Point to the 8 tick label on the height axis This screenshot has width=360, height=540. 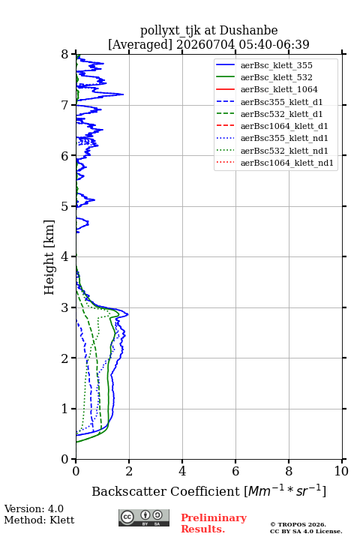tap(65, 55)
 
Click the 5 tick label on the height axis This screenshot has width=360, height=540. tap(65, 207)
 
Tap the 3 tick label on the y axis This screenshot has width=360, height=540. tap(65, 307)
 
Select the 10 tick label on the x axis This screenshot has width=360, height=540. tap(341, 471)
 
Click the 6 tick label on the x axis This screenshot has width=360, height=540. tap(235, 471)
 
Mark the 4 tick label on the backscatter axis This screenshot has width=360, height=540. tap(182, 471)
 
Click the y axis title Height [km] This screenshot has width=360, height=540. tap(49, 257)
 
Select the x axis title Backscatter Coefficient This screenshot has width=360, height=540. tap(166, 491)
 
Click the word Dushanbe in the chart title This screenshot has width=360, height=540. tap(248, 31)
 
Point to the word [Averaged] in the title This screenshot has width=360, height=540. tap(140, 44)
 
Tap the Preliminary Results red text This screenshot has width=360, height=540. tap(214, 523)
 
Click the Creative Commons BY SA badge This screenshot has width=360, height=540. tap(144, 518)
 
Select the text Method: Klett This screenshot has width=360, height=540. tap(39, 520)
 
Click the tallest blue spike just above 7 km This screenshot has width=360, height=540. tap(123, 94)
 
